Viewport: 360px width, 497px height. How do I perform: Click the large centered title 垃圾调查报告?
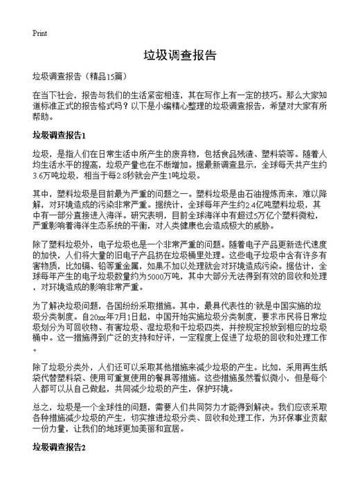pos(180,55)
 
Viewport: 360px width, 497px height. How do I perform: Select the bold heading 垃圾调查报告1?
pos(69,134)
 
